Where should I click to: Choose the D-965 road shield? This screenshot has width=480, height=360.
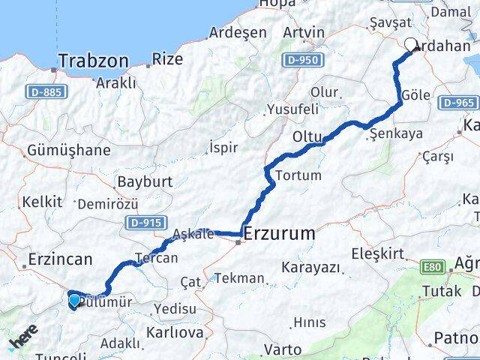458,103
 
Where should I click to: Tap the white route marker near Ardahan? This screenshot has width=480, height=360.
411,45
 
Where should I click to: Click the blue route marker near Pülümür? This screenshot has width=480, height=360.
74,301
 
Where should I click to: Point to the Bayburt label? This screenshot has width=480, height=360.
145,181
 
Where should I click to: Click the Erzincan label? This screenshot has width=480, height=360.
60,259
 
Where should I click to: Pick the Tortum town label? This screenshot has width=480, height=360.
298,175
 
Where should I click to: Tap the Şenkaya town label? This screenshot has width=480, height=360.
398,133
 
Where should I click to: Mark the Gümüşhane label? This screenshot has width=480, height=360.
68,150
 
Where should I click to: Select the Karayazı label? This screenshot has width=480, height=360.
310,267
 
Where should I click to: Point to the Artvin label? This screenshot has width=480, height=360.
304,32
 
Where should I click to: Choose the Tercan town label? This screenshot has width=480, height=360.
157,258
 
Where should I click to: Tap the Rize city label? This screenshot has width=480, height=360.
167,58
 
